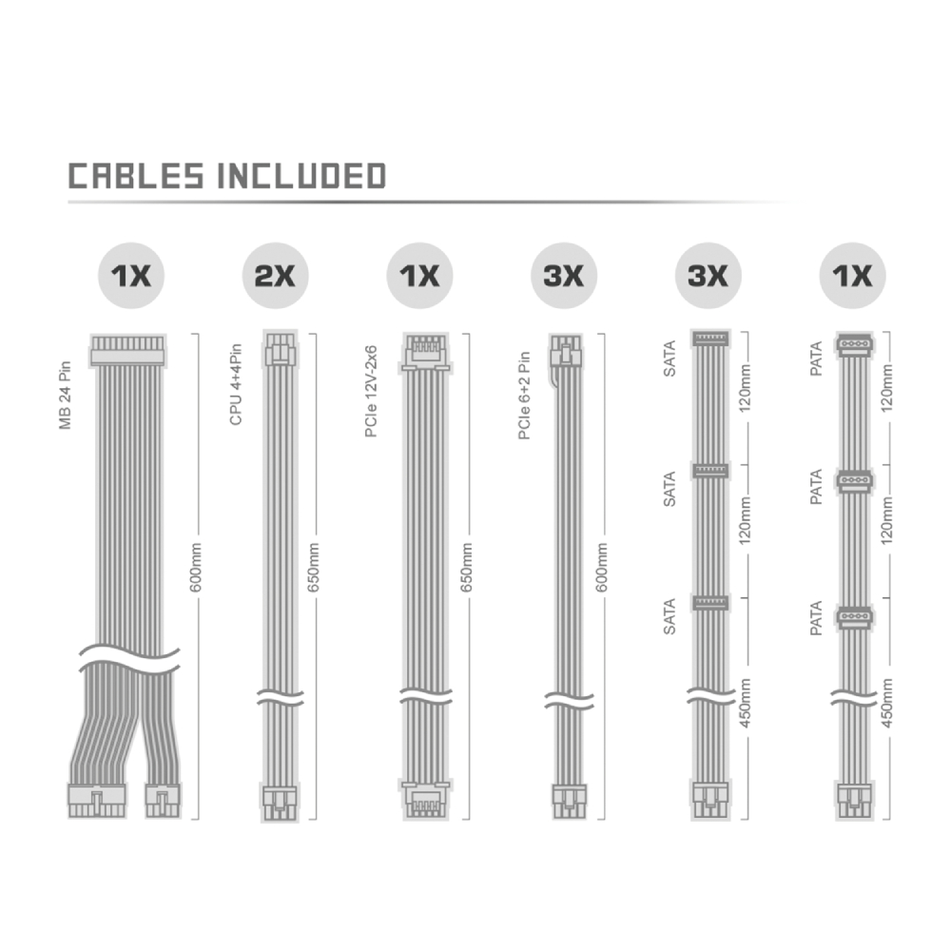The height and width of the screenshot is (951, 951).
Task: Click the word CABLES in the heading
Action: [136, 176]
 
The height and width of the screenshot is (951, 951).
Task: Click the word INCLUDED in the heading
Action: [301, 176]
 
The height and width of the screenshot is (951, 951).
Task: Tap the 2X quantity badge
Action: [276, 276]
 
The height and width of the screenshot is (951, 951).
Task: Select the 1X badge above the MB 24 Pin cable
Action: [131, 276]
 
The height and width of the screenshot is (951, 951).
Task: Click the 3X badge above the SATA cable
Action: [708, 276]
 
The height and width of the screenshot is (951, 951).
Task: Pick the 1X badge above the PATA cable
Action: [853, 276]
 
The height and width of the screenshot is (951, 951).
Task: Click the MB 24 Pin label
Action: [65, 396]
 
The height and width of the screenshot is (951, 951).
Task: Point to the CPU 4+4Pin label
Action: [236, 384]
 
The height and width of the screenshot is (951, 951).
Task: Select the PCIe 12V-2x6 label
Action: [371, 391]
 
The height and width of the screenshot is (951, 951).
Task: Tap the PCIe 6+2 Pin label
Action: [525, 396]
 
